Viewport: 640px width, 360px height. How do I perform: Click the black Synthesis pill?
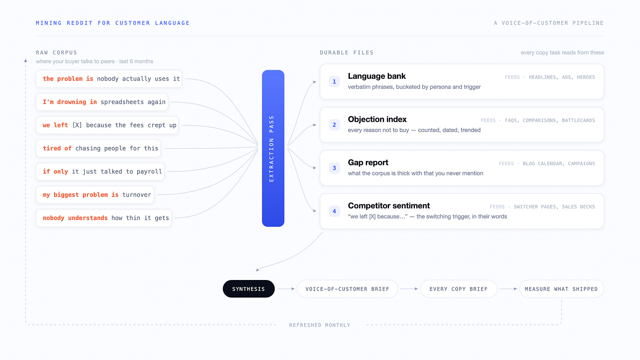pyautogui.click(x=249, y=289)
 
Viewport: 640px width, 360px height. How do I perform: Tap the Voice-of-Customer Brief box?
pyautogui.click(x=347, y=289)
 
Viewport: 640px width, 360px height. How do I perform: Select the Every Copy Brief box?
pyautogui.click(x=458, y=289)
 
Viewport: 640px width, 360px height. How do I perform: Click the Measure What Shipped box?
pyautogui.click(x=561, y=289)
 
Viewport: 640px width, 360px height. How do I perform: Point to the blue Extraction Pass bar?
pyautogui.click(x=273, y=148)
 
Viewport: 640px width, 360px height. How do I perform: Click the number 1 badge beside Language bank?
pyautogui.click(x=334, y=82)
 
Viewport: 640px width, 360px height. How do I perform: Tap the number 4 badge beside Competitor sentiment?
pyautogui.click(x=334, y=211)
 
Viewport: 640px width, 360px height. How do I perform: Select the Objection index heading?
pyautogui.click(x=377, y=120)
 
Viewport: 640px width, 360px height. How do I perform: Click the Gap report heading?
pyautogui.click(x=368, y=163)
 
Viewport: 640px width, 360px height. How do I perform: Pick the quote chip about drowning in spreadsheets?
pyautogui.click(x=102, y=102)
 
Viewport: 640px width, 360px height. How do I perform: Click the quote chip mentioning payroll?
pyautogui.click(x=100, y=171)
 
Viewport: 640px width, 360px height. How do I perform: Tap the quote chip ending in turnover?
pyautogui.click(x=95, y=195)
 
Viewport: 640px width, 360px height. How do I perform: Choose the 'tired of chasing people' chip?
pyautogui.click(x=98, y=148)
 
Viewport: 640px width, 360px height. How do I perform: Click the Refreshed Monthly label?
pyautogui.click(x=320, y=325)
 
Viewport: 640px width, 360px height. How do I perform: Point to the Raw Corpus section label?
pyautogui.click(x=57, y=53)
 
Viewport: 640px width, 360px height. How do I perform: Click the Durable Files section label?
pyautogui.click(x=347, y=53)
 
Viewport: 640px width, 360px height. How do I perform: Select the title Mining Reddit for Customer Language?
pyautogui.click(x=113, y=23)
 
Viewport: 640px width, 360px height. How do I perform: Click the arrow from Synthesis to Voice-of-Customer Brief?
pyautogui.click(x=286, y=289)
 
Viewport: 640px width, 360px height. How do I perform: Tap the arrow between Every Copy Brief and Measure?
pyautogui.click(x=508, y=289)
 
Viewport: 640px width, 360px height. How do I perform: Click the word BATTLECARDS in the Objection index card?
pyautogui.click(x=578, y=120)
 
